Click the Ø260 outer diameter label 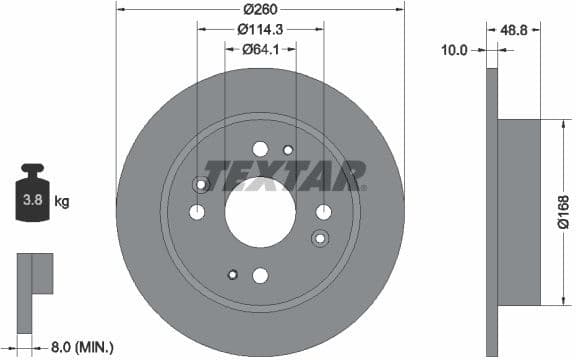click(260, 9)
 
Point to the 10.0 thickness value click(455, 48)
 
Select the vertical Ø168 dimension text click(563, 212)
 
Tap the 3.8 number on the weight click(32, 200)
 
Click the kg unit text click(61, 201)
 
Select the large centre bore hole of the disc click(260, 212)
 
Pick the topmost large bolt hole click(260, 149)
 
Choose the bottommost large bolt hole click(260, 275)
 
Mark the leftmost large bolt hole click(197, 211)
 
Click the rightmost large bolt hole click(323, 211)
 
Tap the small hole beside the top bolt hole click(287, 150)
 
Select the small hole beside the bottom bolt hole click(233, 274)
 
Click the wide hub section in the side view click(518, 212)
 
